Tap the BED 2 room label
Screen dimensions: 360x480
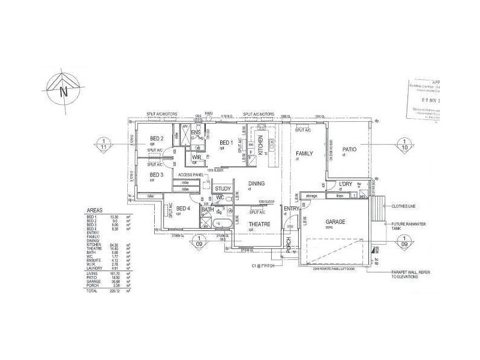coord(157,139)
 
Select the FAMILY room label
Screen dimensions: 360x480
coord(305,154)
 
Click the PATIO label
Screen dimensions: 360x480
coord(350,149)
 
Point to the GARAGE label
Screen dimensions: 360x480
coord(336,221)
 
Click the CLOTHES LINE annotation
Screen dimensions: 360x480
coord(404,206)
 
